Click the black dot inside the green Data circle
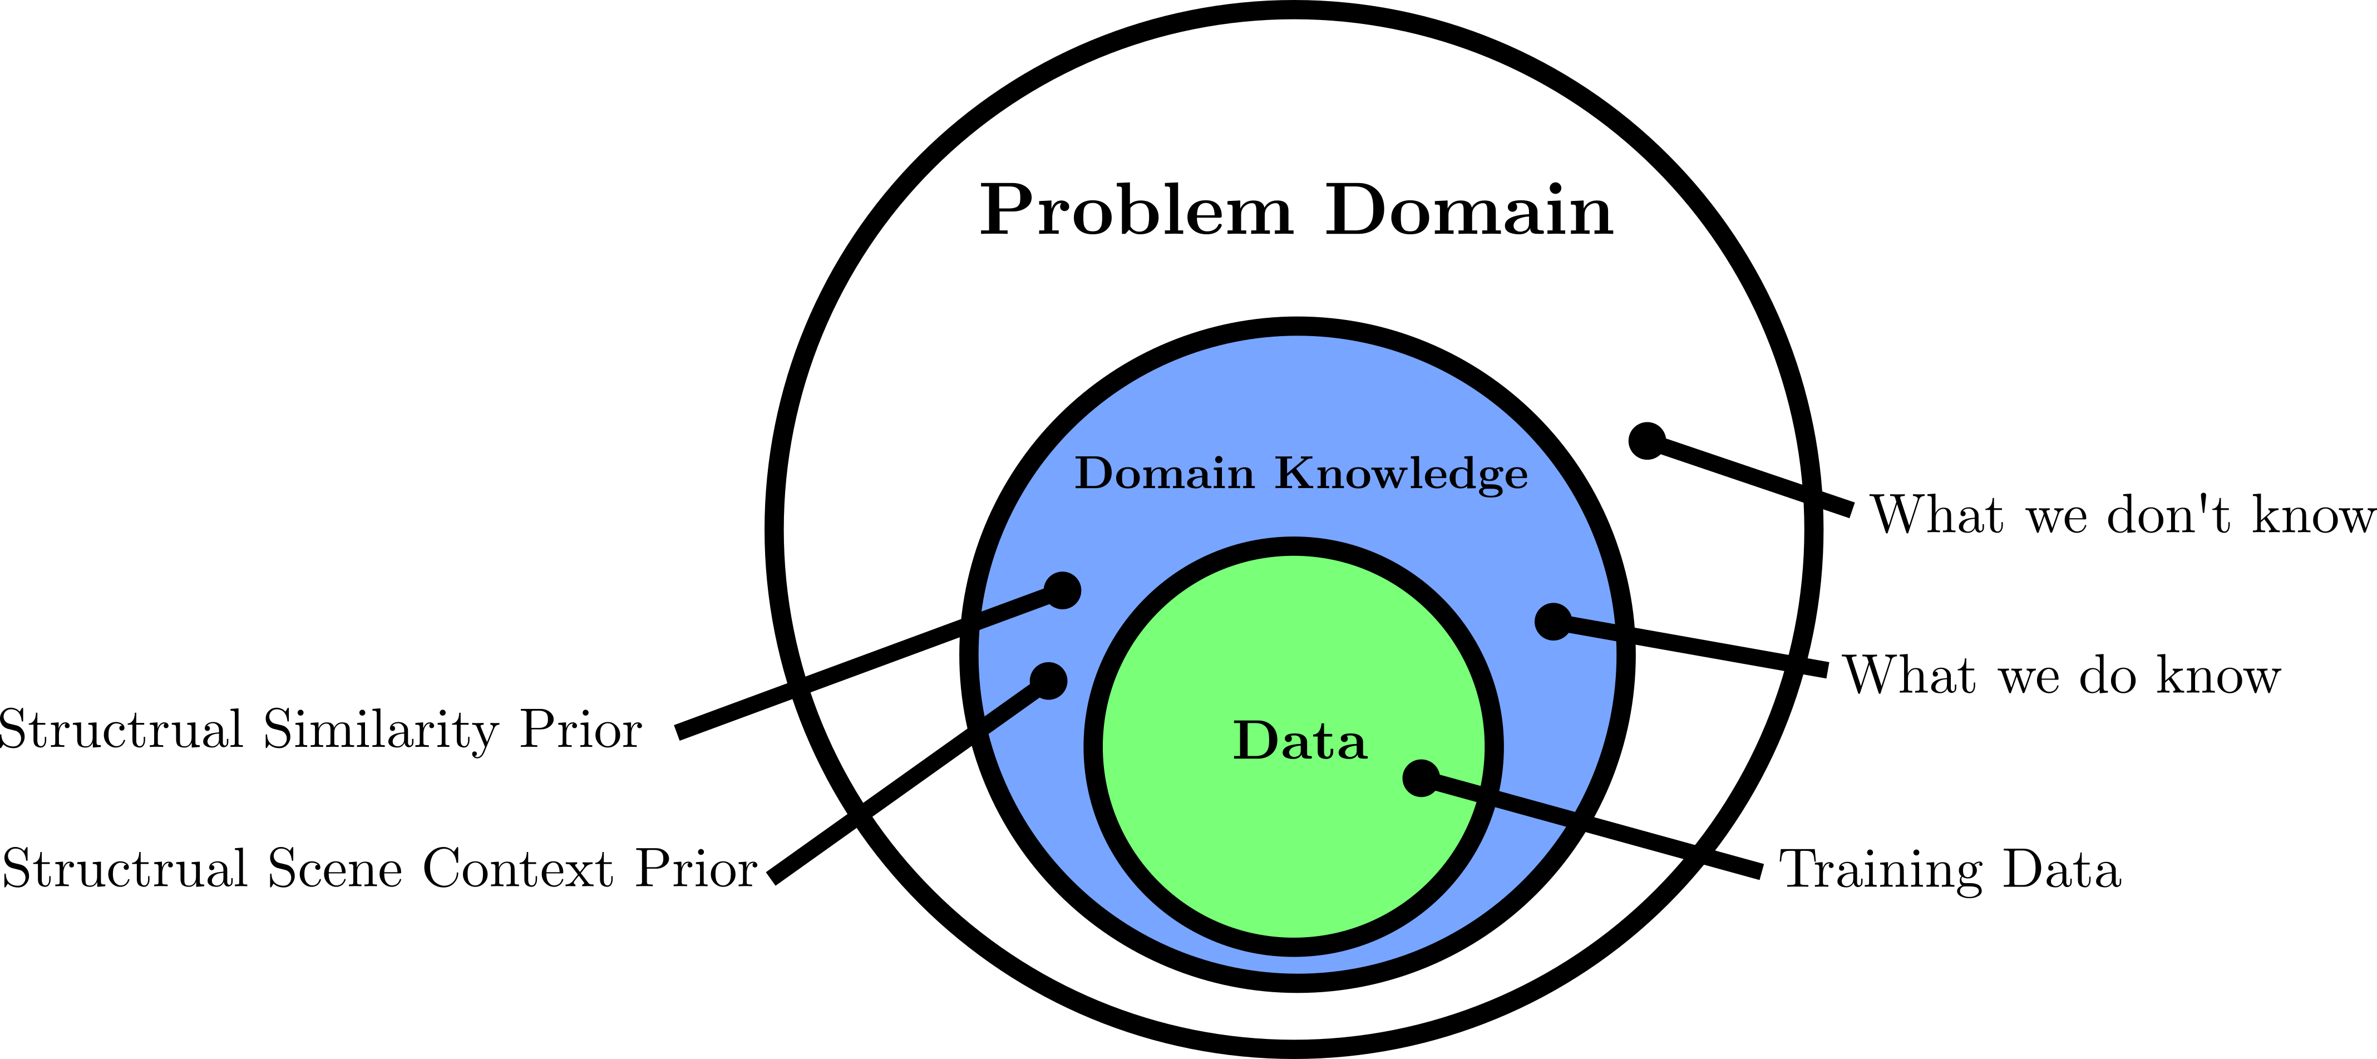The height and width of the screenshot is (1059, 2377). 1421,779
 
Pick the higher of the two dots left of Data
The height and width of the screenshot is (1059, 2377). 1062,590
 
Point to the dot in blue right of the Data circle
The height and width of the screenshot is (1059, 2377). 1553,622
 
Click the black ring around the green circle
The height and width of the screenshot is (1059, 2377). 1093,747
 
